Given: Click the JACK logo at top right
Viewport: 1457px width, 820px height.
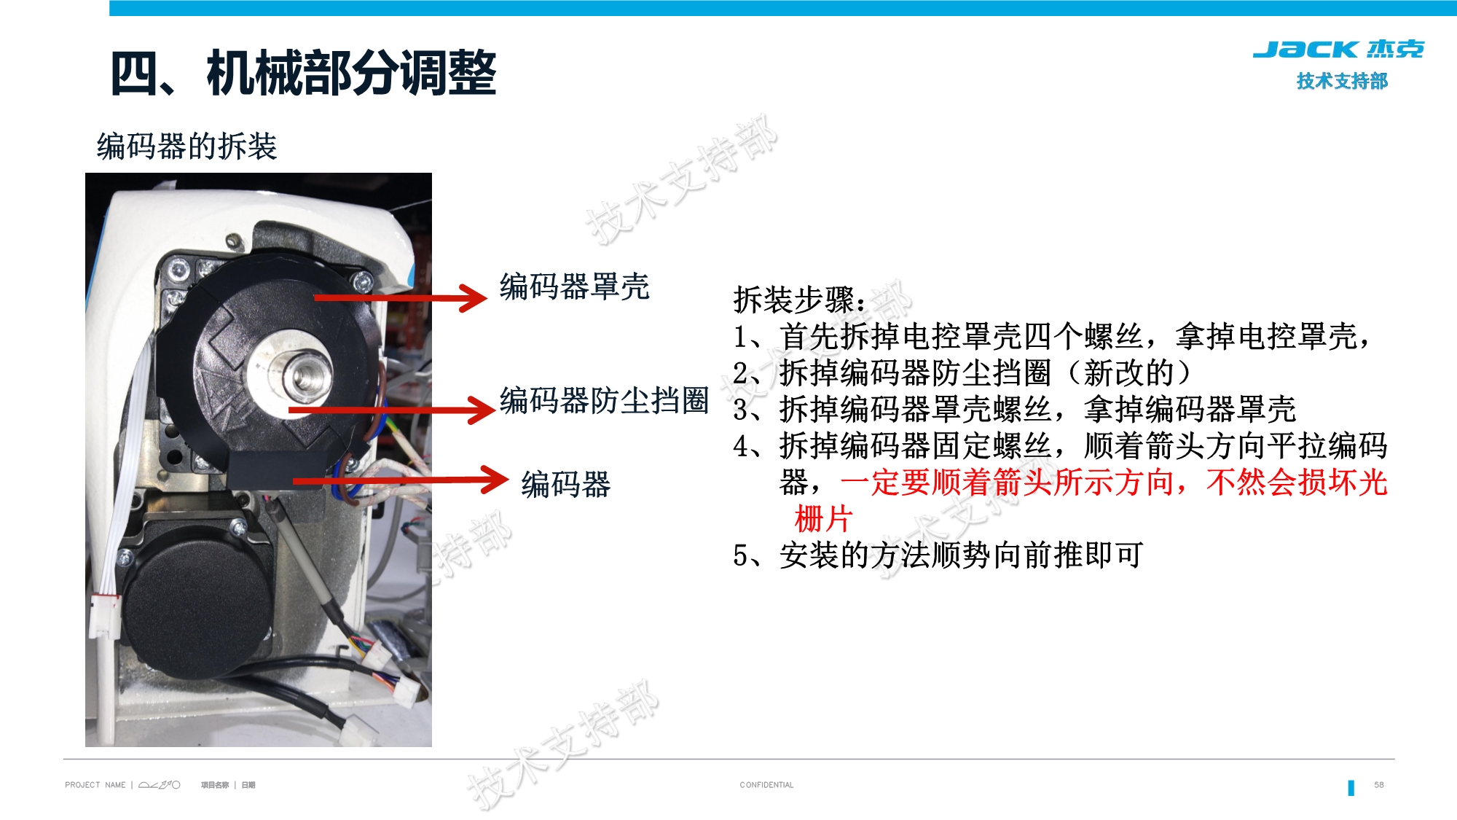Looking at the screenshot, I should coord(1338,50).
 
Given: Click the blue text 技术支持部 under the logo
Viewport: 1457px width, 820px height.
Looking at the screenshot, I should coord(1342,81).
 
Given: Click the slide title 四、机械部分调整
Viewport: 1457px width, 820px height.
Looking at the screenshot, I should coord(303,73).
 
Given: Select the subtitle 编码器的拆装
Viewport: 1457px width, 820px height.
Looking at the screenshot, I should coord(186,146).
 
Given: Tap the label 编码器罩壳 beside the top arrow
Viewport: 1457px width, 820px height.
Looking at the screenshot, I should coord(574,286).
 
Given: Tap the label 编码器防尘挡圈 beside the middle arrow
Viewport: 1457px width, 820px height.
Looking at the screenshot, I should coord(604,400).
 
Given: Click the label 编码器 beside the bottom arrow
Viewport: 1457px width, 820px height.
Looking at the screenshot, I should coord(566,485).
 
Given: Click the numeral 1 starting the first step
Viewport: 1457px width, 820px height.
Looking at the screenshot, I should coord(740,337).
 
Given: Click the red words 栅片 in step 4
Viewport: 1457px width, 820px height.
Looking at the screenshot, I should coord(823,519).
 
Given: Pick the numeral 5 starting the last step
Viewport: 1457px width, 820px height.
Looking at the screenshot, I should coord(740,555).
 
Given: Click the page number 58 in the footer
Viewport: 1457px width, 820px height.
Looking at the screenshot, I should coord(1378,785).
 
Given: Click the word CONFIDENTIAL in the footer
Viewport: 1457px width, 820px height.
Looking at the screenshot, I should coord(766,785).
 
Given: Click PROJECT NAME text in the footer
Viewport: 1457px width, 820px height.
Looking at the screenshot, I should coord(95,785).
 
